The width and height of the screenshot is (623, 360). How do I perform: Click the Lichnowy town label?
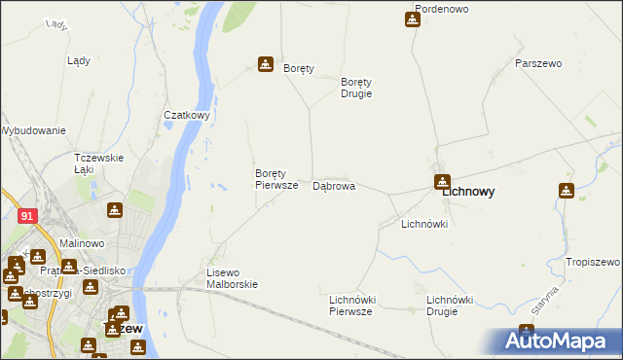pos(467,193)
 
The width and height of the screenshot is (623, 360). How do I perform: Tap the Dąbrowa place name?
pos(333,186)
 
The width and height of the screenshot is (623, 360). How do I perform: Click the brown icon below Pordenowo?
pos(412,19)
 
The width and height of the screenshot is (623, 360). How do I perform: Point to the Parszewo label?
pos(538,63)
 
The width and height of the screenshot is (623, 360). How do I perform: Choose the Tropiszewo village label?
pos(592,263)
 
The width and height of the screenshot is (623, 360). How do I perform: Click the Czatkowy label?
pos(187,115)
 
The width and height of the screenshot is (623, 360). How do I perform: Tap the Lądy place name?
pos(79,60)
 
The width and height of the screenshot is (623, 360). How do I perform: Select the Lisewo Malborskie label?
pos(232,278)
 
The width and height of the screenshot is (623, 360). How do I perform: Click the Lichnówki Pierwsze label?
pos(351,306)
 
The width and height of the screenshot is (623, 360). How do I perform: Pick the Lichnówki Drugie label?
pos(450,306)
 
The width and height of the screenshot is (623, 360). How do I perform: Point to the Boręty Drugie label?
pos(356,88)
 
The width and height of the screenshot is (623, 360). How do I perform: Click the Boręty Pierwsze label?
pos(275,179)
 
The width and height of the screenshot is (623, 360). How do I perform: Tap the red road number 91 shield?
pos(27,216)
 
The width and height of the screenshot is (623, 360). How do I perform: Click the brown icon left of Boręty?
pos(265,64)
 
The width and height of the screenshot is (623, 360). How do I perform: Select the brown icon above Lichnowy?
pos(442,180)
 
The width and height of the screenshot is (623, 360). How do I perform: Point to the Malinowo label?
pos(82,243)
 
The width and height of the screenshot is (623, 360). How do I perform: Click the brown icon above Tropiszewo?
pos(567,191)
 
